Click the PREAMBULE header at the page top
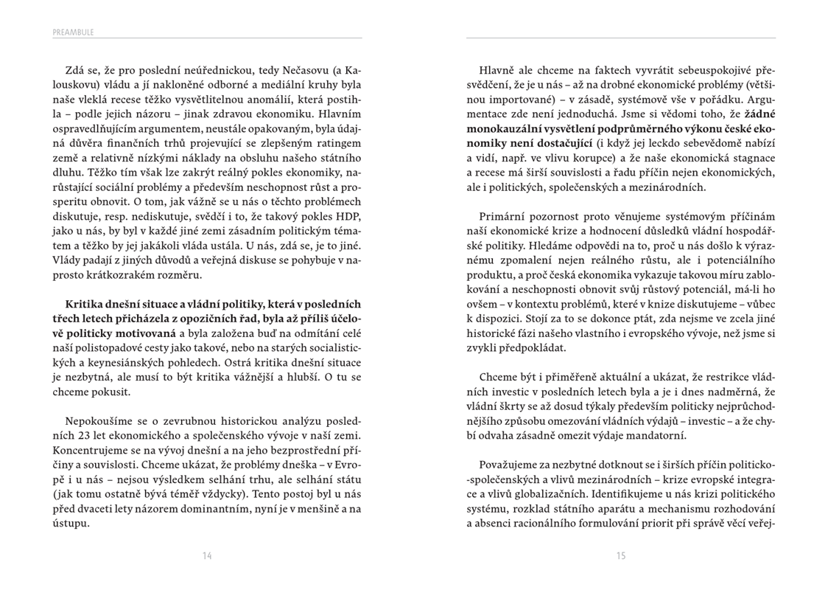click(73, 32)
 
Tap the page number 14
click(207, 555)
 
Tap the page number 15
click(621, 555)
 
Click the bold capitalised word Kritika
click(85, 304)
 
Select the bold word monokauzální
click(510, 128)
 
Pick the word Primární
click(503, 216)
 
